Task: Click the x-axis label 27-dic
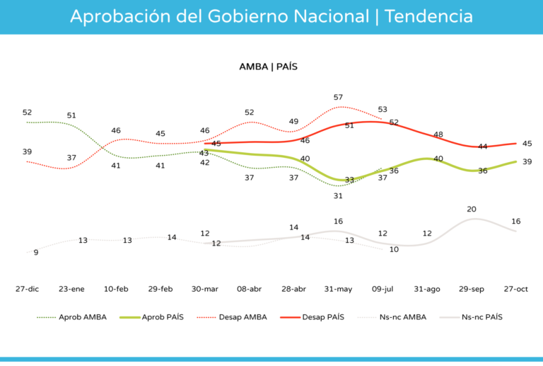pos(27,289)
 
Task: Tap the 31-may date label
pos(338,289)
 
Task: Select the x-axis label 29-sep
pos(472,289)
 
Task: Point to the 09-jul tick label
pos(383,289)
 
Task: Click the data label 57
pos(338,97)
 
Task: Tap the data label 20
pos(472,210)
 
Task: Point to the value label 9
pos(36,252)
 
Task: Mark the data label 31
pos(338,196)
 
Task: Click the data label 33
pos(349,180)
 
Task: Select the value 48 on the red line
pos(438,135)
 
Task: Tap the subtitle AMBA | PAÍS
pos(268,67)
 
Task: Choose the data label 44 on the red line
pos(483,147)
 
